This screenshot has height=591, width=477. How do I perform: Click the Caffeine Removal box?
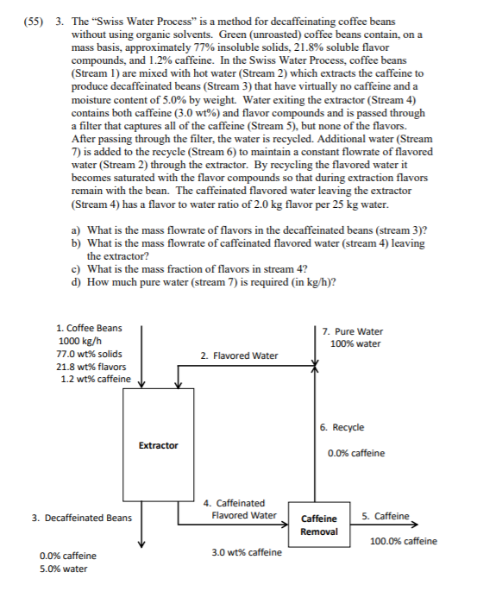pyautogui.click(x=318, y=525)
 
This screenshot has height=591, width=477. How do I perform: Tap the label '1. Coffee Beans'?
pyautogui.click(x=88, y=328)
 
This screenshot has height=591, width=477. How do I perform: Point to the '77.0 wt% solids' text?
pyautogui.click(x=88, y=355)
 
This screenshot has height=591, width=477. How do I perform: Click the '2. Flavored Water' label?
pyautogui.click(x=239, y=355)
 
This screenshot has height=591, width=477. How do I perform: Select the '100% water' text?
pyautogui.click(x=355, y=344)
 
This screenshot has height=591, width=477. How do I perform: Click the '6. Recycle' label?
pyautogui.click(x=342, y=427)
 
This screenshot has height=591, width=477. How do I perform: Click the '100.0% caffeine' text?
pyautogui.click(x=403, y=541)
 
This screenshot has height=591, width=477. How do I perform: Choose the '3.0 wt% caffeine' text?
pyautogui.click(x=246, y=552)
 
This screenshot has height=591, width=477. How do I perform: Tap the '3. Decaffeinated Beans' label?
pyautogui.click(x=82, y=518)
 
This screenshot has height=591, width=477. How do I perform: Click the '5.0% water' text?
pyautogui.click(x=63, y=569)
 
